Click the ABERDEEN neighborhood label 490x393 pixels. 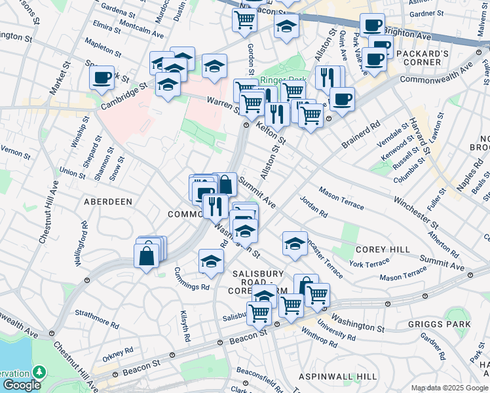(x=108, y=202)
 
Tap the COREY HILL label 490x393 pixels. (x=383, y=250)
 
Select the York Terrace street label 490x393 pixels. (x=369, y=263)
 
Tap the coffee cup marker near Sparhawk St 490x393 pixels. (x=102, y=77)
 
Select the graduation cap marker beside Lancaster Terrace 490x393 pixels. (x=295, y=243)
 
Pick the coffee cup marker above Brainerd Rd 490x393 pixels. (x=342, y=99)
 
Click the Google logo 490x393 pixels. (x=22, y=386)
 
